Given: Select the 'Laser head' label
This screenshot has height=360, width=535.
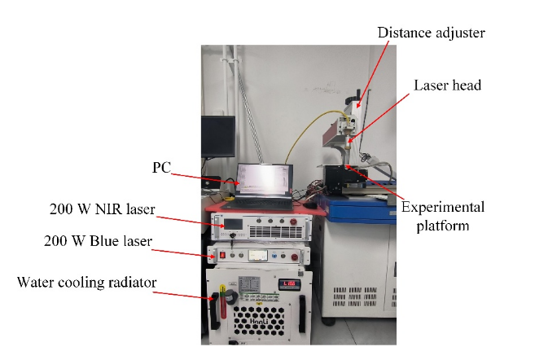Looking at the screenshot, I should [446, 84].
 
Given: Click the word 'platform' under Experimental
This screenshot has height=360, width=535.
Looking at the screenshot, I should [443, 226].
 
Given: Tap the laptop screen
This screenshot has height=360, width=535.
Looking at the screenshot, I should [262, 181].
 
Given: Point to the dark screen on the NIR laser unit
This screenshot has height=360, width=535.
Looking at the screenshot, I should [231, 222].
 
